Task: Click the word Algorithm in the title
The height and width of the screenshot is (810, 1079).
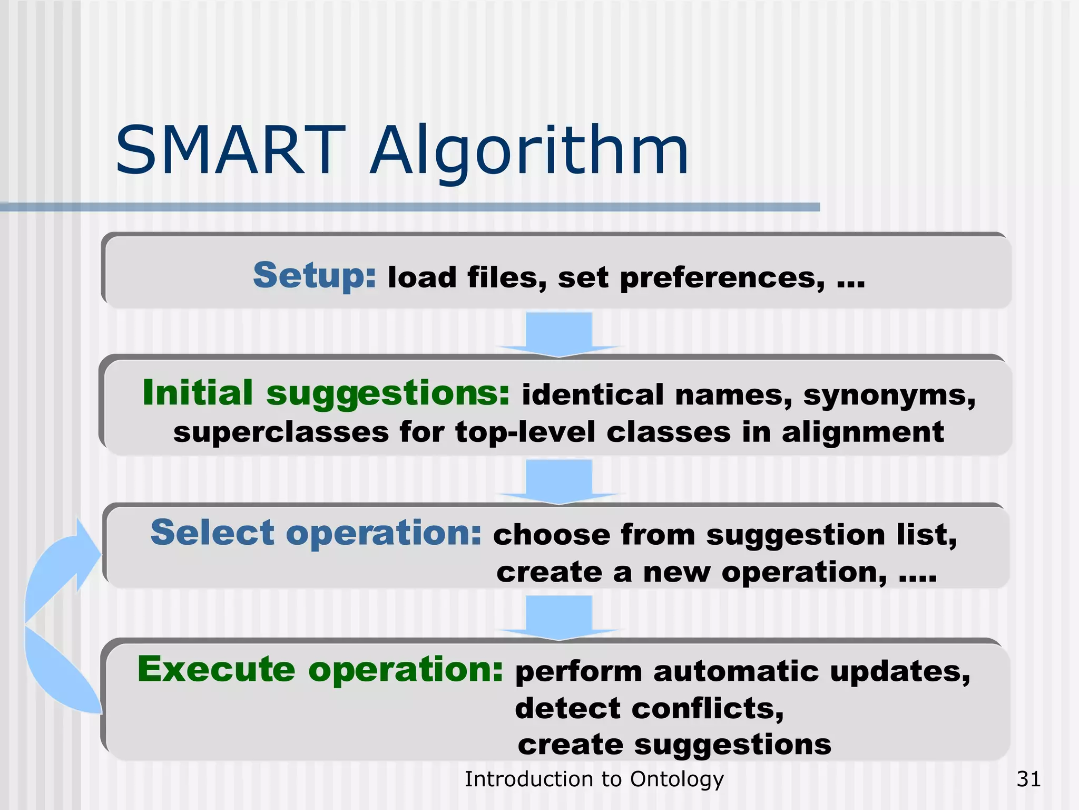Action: coord(529,153)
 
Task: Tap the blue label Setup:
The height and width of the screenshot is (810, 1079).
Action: coord(315,276)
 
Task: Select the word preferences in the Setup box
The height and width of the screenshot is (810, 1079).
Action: coord(722,278)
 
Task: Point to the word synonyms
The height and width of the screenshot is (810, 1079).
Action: coord(889,396)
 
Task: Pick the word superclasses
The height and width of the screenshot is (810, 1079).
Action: coord(281,432)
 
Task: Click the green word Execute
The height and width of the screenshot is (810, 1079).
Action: coord(216,669)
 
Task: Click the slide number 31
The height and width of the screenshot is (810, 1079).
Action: coord(1028,779)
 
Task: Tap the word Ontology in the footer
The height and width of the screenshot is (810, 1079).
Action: coord(677,779)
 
